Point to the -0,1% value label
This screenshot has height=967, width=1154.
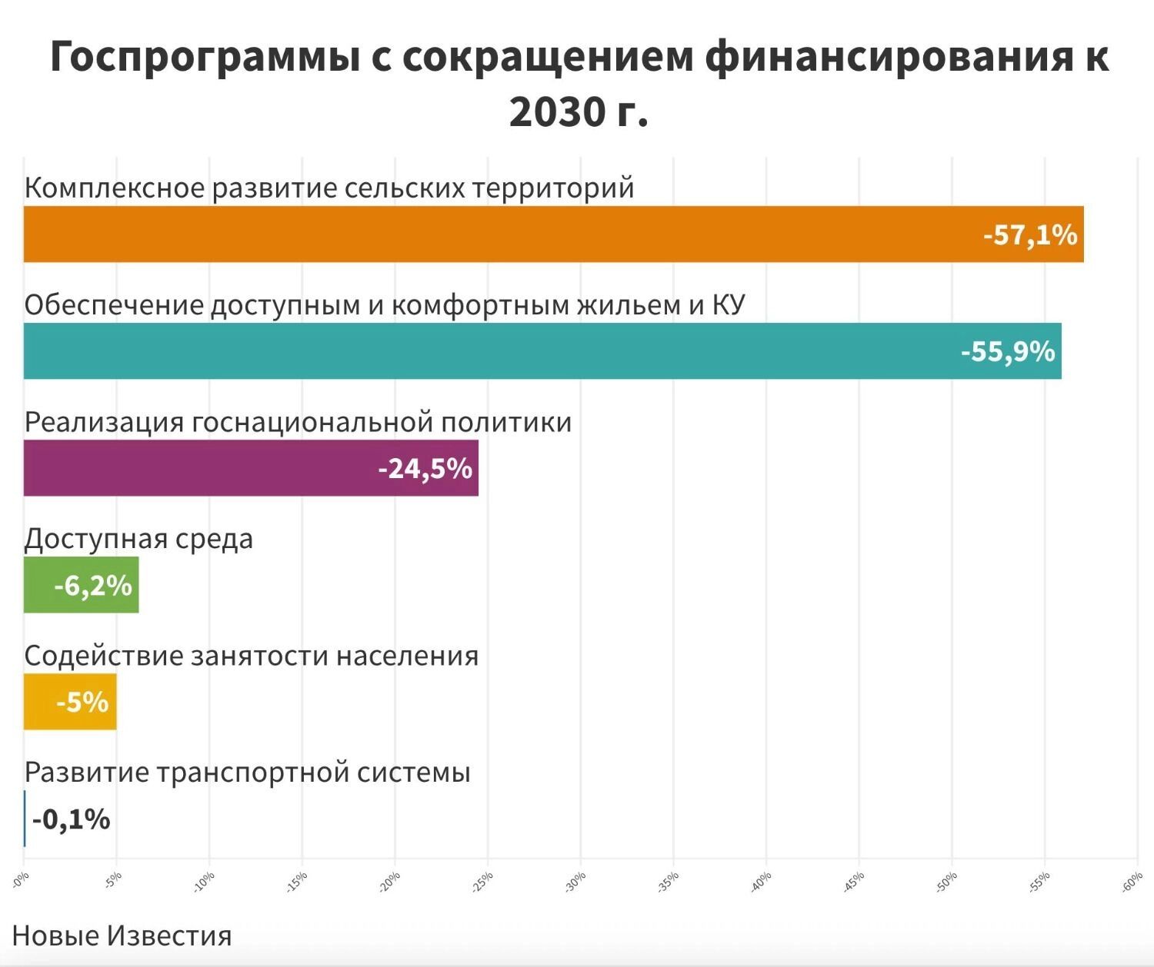71,820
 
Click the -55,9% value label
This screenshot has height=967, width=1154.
1008,351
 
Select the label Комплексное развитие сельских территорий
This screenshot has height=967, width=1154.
329,188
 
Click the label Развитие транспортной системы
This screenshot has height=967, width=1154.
247,772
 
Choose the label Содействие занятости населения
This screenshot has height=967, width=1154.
251,655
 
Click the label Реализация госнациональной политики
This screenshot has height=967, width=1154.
298,422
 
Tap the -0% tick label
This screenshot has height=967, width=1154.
21,880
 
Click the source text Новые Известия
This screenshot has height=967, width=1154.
122,935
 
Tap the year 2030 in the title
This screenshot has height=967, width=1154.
557,112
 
